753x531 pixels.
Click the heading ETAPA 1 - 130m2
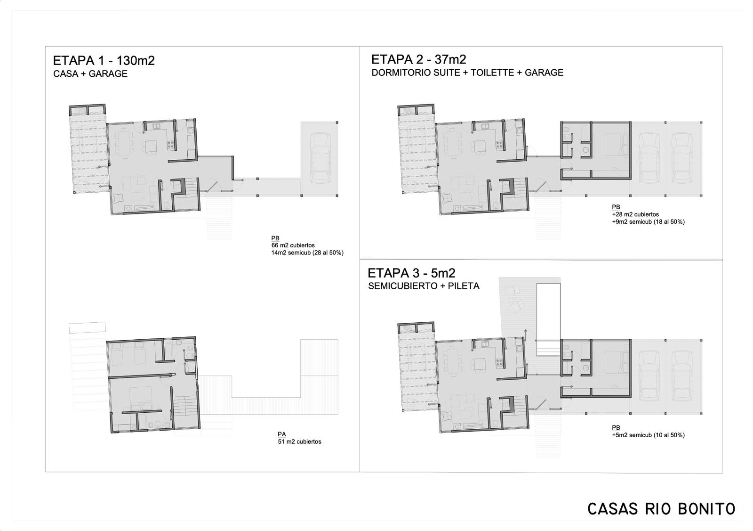pos(104,61)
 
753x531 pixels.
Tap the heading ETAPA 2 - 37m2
pos(418,59)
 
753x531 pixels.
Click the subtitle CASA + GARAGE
pos(90,74)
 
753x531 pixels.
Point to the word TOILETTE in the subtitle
pos(492,73)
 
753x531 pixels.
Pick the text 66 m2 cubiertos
pos(293,245)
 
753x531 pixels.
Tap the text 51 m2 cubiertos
pos(299,441)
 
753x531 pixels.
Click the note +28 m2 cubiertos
pos(635,214)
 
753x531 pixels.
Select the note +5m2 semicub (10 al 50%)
pos(648,435)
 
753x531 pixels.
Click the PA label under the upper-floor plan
pos(282,434)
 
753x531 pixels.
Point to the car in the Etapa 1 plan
pos(320,158)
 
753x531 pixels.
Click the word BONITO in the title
pos(706,509)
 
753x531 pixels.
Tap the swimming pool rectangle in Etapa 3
pos(548,319)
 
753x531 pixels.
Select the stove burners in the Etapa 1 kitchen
pos(170,145)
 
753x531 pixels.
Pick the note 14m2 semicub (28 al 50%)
pos(307,253)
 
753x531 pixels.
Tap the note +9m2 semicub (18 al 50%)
pos(648,222)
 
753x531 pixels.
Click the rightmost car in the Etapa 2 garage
pos(681,158)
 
